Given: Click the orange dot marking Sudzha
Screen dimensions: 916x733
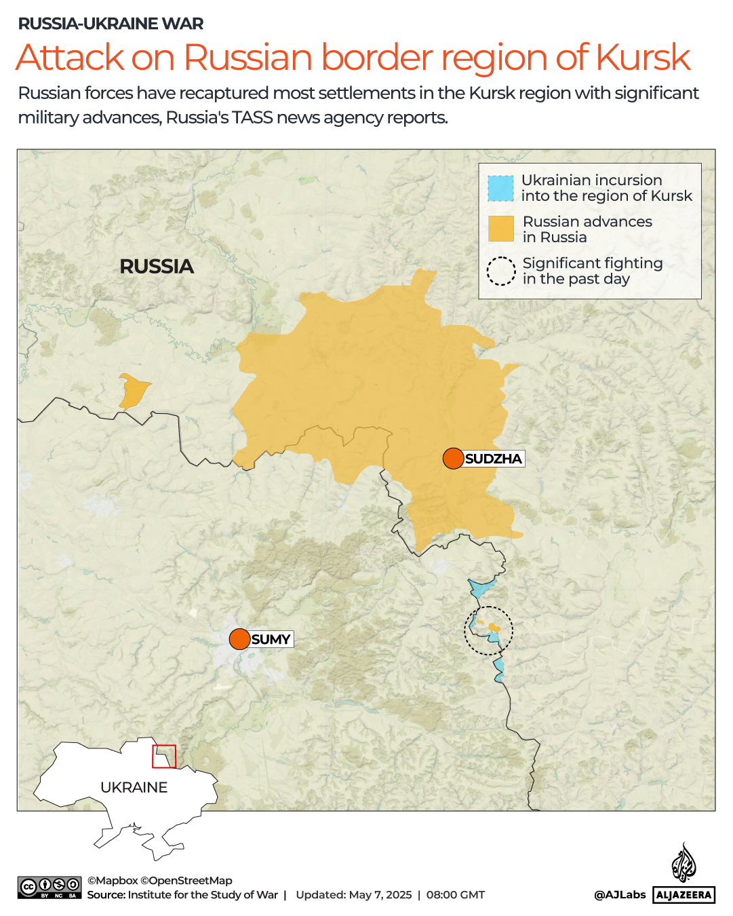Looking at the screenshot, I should pyautogui.click(x=453, y=459).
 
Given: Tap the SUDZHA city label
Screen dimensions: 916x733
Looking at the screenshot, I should pyautogui.click(x=494, y=459).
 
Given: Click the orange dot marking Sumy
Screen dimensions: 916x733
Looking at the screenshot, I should pyautogui.click(x=239, y=639).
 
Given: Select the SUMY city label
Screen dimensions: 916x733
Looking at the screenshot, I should pyautogui.click(x=271, y=639).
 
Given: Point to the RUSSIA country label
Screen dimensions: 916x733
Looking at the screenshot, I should pyautogui.click(x=157, y=267).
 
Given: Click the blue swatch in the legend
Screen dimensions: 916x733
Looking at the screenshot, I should pyautogui.click(x=500, y=189).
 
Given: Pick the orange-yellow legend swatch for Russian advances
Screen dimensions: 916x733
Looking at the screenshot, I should pyautogui.click(x=501, y=229).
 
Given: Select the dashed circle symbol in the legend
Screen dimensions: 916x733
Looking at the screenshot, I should pyautogui.click(x=501, y=271).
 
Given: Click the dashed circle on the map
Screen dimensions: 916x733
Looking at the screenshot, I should pyautogui.click(x=488, y=631).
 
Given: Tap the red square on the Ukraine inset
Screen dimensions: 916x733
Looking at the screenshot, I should pyautogui.click(x=164, y=756).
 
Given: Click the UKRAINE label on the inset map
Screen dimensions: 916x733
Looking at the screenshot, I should pyautogui.click(x=134, y=787).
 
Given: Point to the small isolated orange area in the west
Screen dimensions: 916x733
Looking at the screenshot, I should pyautogui.click(x=134, y=392).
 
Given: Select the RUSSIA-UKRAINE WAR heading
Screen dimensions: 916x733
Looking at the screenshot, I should pyautogui.click(x=111, y=24).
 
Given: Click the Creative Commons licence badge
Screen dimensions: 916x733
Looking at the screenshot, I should pyautogui.click(x=49, y=888).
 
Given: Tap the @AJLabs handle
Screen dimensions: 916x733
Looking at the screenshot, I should pyautogui.click(x=620, y=894).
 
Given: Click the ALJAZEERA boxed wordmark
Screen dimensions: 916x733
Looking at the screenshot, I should pyautogui.click(x=684, y=895).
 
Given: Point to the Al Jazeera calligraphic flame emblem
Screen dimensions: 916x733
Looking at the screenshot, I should pyautogui.click(x=684, y=863).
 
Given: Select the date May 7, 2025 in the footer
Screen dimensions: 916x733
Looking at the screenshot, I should pyautogui.click(x=380, y=895).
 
